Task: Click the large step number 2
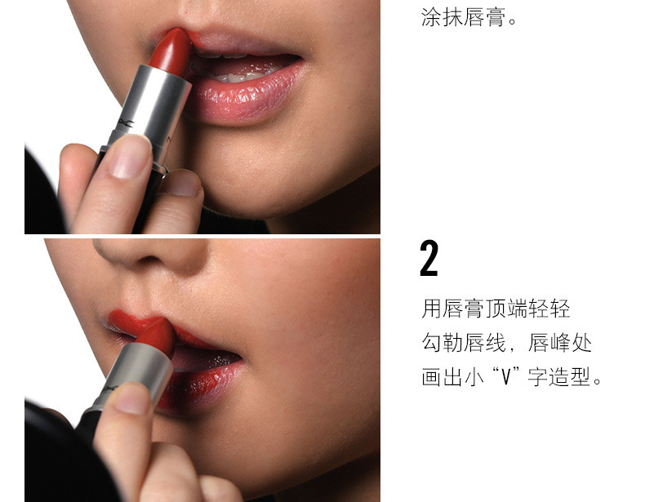pos(429,258)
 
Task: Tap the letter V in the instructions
pos(506,376)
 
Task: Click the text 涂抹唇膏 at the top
pos(463,17)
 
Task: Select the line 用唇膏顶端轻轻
pos(496,309)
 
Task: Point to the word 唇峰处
pos(560,343)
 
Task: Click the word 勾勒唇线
pos(463,343)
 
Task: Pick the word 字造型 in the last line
pos(560,376)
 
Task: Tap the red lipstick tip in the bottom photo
pos(157,336)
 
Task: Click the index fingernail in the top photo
pos(129,156)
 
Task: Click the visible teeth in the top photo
pos(238,77)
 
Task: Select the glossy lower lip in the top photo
pos(245,96)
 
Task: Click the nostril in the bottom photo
pos(149,260)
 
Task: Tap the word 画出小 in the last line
pos(452,376)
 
